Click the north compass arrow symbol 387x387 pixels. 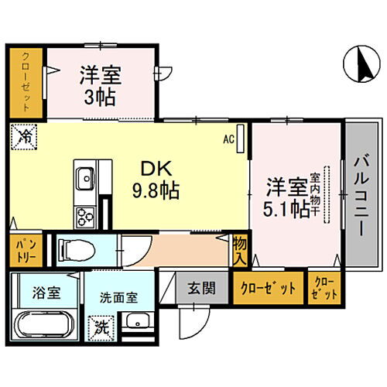(x=357, y=63)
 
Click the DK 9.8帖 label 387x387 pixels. (x=159, y=180)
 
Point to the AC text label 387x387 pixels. (x=229, y=139)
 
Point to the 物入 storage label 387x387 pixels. (x=240, y=249)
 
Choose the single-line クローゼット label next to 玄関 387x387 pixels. (x=268, y=289)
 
